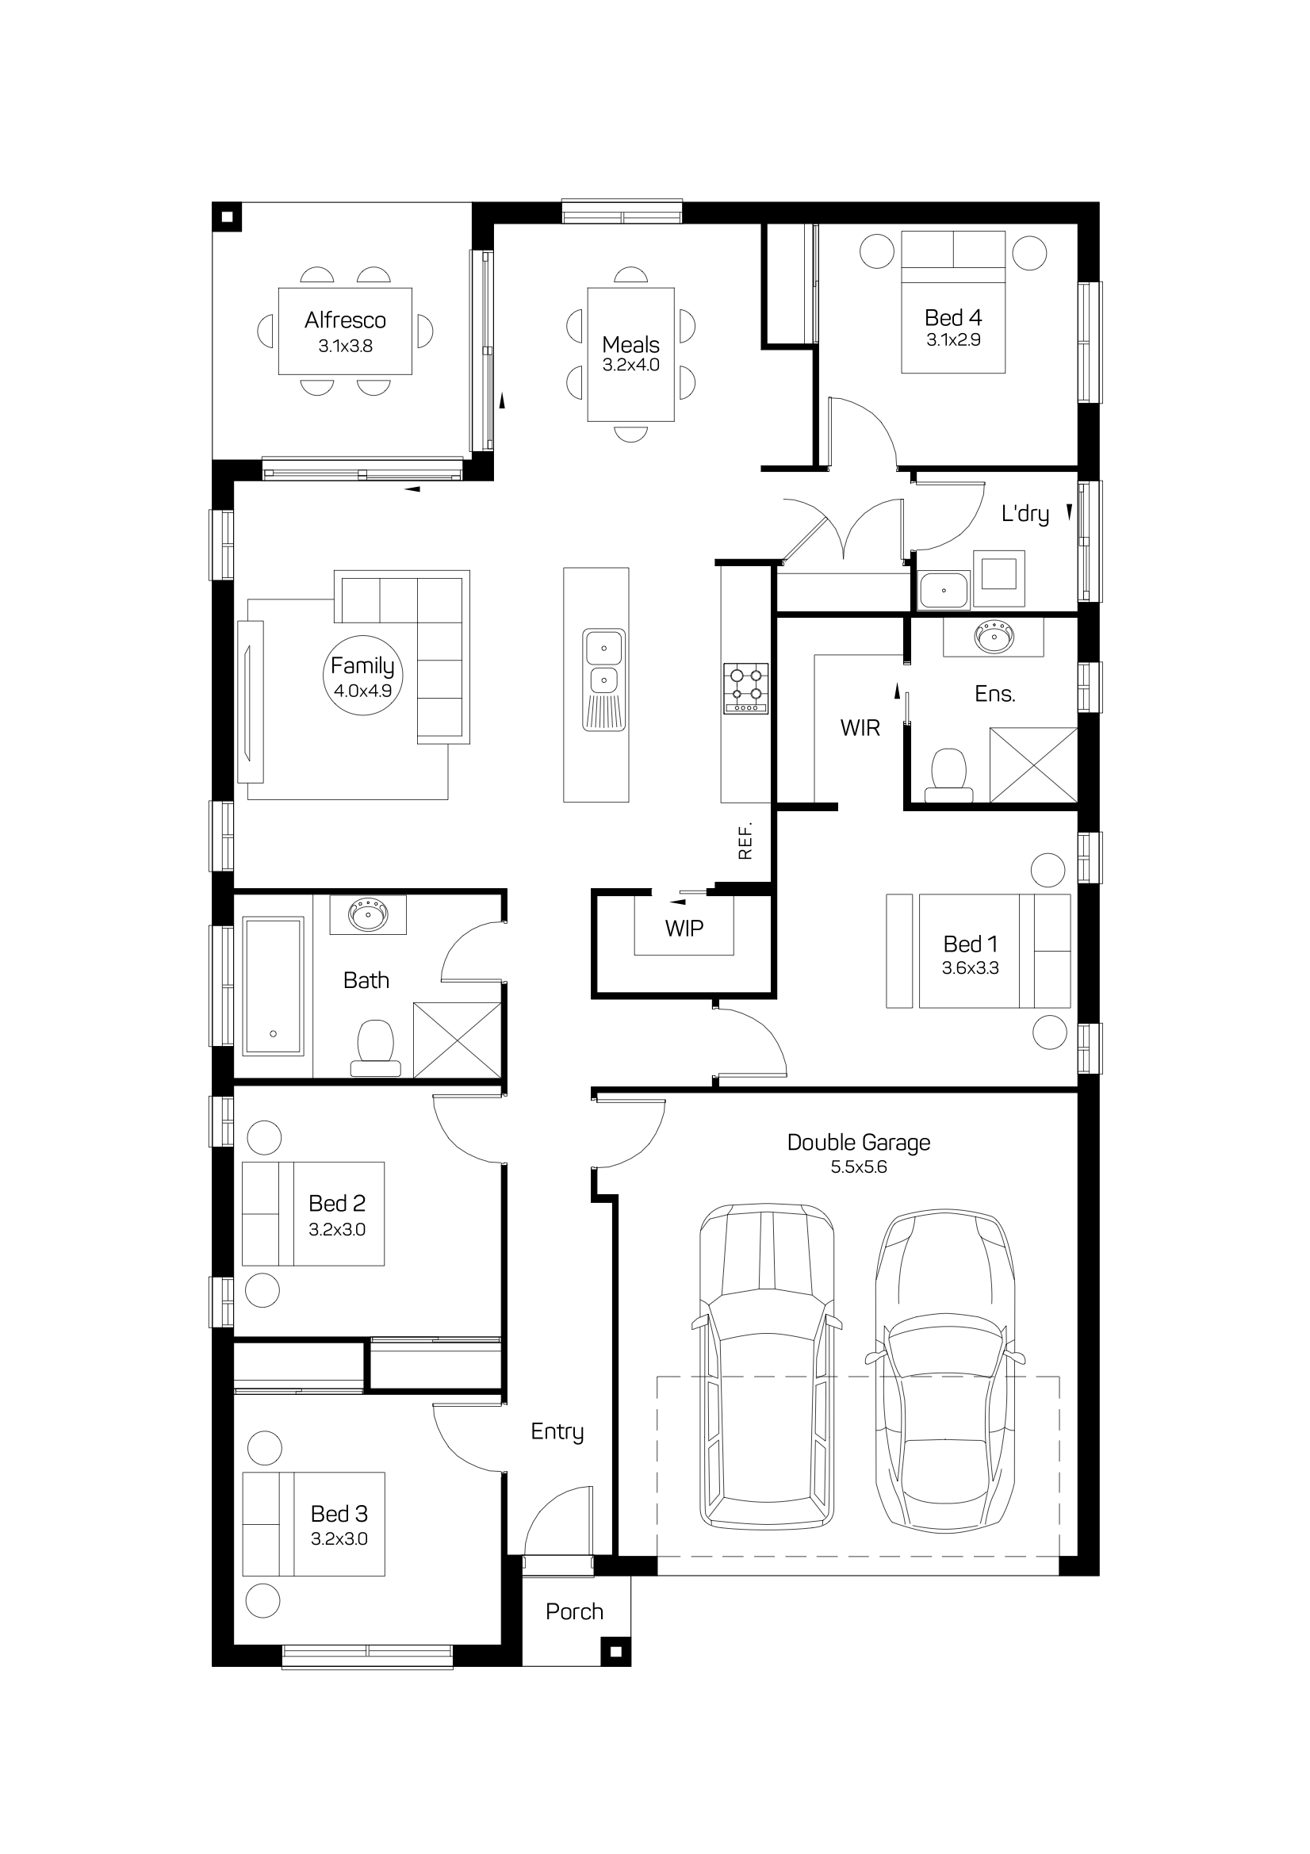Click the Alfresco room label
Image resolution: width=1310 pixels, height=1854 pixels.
pos(345,320)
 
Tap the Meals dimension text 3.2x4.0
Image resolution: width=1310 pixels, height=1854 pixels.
pos(630,365)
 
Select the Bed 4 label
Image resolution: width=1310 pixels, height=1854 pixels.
pos(953,318)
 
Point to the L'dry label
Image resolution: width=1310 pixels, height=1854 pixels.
pos(1025,515)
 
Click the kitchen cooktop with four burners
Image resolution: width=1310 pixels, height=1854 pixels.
pos(745,689)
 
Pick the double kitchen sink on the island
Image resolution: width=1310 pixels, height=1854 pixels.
pos(603,680)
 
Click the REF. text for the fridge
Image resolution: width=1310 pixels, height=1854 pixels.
pos(745,841)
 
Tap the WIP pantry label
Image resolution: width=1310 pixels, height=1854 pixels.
pos(684,929)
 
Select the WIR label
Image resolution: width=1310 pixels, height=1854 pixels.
pos(860,728)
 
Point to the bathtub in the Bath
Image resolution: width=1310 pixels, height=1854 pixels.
pos(274,986)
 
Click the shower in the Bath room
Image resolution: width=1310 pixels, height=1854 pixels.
pos(457,1040)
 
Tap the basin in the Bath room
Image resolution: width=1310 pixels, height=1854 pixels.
pos(367,915)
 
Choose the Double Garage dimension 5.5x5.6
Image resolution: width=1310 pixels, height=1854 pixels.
pos(859,1166)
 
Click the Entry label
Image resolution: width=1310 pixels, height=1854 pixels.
pos(557,1432)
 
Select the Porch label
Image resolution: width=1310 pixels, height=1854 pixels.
pos(574,1612)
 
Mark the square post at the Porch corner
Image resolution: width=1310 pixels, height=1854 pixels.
pos(615,1651)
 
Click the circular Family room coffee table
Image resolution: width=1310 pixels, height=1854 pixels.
pos(362,675)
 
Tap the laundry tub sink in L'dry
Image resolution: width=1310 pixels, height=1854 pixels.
pos(944,590)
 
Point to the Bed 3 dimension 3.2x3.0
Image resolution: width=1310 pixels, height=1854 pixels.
pos(339,1539)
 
